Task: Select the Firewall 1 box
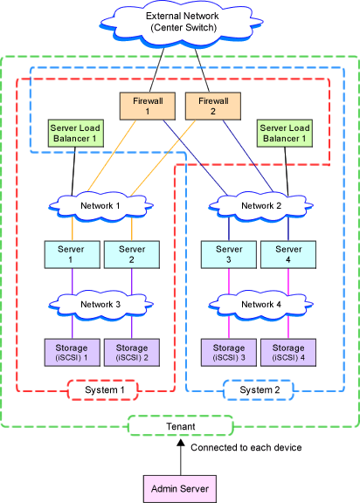[x=148, y=107]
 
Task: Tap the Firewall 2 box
[x=213, y=107]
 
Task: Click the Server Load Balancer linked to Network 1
[x=76, y=133]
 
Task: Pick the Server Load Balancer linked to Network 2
[x=285, y=133]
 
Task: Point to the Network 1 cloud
[x=100, y=206]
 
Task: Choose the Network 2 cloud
[x=261, y=206]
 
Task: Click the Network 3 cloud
[x=100, y=305]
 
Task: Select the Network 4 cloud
[x=261, y=305]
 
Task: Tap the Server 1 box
[x=73, y=255]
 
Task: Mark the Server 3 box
[x=229, y=255]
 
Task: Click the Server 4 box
[x=288, y=255]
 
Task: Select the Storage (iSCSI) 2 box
[x=132, y=353]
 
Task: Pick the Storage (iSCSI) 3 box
[x=229, y=353]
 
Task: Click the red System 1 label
[x=103, y=390]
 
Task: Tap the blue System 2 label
[x=259, y=390]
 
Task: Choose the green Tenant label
[x=181, y=426]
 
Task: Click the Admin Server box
[x=180, y=489]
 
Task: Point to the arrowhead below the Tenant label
[x=181, y=443]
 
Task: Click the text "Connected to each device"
[x=246, y=447]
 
